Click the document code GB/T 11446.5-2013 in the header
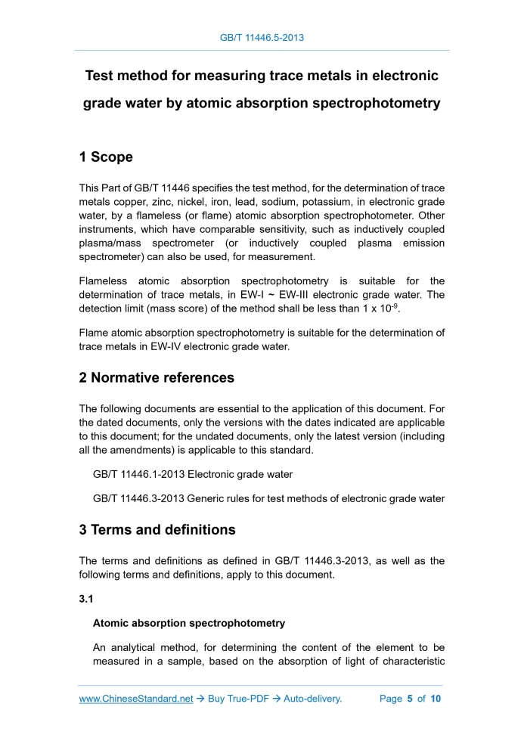coord(262,37)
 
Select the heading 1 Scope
coord(106,157)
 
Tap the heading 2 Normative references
coord(157,377)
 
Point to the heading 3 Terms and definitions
coord(157,529)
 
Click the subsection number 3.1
coord(86,599)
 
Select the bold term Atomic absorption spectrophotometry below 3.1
coord(189,623)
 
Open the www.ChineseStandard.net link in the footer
coord(136,699)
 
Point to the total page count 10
coord(436,699)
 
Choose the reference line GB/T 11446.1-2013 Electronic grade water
coord(192,475)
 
